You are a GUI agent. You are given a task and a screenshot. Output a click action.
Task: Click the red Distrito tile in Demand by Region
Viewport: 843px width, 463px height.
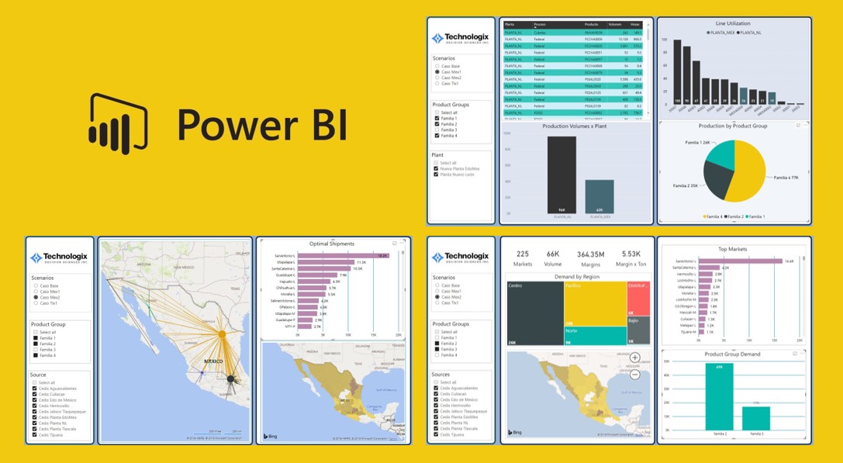643,298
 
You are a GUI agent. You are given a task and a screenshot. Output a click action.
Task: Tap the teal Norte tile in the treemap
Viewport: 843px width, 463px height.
595,335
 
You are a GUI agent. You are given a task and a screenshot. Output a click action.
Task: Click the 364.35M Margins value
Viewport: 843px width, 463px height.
591,254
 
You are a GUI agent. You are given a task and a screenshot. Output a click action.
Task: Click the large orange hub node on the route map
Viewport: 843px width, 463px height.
221,333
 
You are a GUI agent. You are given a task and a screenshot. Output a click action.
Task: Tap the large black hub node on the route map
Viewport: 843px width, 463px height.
230,378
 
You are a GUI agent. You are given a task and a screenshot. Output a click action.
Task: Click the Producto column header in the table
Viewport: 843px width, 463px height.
592,24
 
